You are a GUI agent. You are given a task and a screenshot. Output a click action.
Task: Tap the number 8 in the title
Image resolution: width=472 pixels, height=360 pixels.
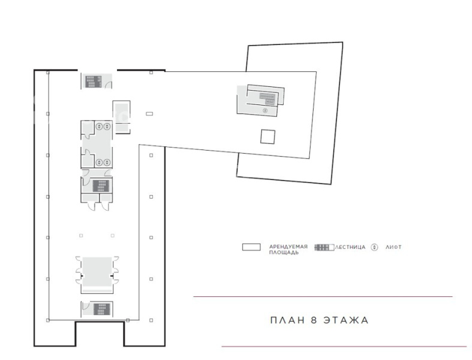(314, 320)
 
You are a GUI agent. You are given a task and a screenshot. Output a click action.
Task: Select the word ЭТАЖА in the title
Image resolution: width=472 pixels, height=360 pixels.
(346, 320)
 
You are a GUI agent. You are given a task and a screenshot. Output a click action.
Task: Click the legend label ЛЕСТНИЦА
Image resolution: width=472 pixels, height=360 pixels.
(350, 247)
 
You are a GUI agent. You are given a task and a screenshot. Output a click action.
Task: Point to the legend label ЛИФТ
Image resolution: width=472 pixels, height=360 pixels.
(393, 247)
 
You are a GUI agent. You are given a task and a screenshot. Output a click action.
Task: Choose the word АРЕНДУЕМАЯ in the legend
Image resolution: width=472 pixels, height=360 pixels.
(288, 247)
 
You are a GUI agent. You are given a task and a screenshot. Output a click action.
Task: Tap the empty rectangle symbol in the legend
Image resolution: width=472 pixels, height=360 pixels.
(251, 247)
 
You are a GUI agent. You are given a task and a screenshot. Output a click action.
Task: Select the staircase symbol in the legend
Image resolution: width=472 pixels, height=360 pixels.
(324, 247)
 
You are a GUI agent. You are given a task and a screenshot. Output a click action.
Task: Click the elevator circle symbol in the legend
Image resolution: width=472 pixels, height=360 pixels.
(374, 247)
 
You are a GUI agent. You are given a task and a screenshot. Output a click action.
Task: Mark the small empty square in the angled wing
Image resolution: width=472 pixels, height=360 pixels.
(267, 136)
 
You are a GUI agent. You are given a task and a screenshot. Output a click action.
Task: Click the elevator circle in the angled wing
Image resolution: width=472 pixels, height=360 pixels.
(265, 110)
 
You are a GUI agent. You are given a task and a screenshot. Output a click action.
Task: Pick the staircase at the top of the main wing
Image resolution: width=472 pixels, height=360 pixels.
(94, 82)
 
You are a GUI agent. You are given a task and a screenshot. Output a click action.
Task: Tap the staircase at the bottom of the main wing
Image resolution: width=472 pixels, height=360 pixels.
(101, 309)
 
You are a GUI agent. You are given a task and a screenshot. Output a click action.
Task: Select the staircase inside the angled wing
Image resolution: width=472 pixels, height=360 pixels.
(268, 98)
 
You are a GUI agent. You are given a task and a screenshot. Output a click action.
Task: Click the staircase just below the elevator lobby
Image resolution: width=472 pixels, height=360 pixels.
(101, 186)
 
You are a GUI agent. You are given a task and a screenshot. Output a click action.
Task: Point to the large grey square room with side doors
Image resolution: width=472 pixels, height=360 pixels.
(97, 272)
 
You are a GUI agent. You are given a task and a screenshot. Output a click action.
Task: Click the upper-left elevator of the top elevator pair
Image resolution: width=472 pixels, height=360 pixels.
(100, 127)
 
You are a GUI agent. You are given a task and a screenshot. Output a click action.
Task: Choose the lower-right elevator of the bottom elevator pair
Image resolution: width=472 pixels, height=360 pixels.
(107, 163)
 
